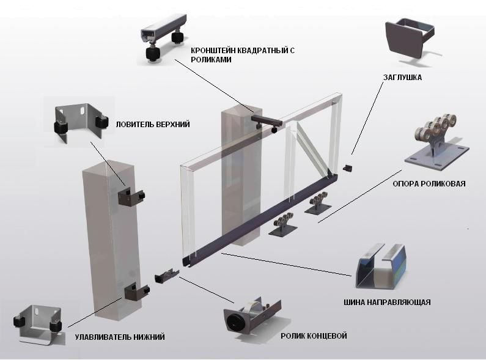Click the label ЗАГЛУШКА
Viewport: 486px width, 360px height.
[x=402, y=78]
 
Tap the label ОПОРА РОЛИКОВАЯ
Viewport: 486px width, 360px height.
[x=429, y=184]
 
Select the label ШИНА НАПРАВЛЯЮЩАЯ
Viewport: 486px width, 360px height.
[x=387, y=302]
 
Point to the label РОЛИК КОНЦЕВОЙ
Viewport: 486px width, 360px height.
[x=314, y=336]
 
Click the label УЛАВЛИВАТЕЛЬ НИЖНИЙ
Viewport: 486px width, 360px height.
[x=120, y=337]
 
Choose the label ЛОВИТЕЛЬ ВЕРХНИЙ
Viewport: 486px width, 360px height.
[x=152, y=125]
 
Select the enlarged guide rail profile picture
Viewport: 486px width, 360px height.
[x=380, y=266]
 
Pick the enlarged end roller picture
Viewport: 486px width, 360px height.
[x=252, y=315]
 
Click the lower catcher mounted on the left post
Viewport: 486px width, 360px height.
[x=137, y=291]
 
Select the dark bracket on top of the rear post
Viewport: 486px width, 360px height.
[x=266, y=122]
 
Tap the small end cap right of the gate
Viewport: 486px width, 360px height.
[x=348, y=168]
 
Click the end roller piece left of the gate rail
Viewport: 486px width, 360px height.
[x=166, y=276]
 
